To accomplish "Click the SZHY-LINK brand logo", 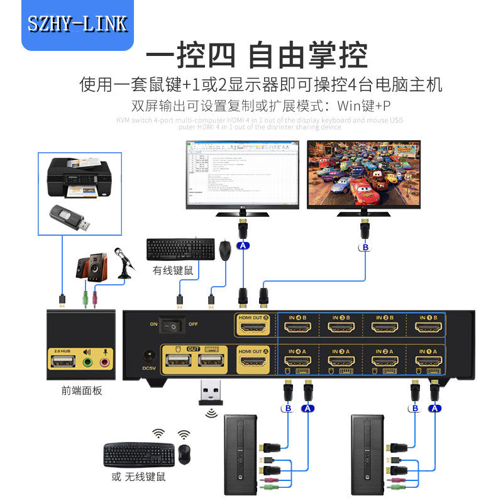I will click(78, 24).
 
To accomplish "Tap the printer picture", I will click(80, 177).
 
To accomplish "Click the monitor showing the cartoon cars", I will click(363, 174).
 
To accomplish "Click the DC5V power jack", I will click(149, 356).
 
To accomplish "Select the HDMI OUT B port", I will click(253, 329).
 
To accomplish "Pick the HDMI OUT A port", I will click(253, 364).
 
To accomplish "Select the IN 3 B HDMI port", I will click(339, 328).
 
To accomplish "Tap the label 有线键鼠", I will click(172, 271).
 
